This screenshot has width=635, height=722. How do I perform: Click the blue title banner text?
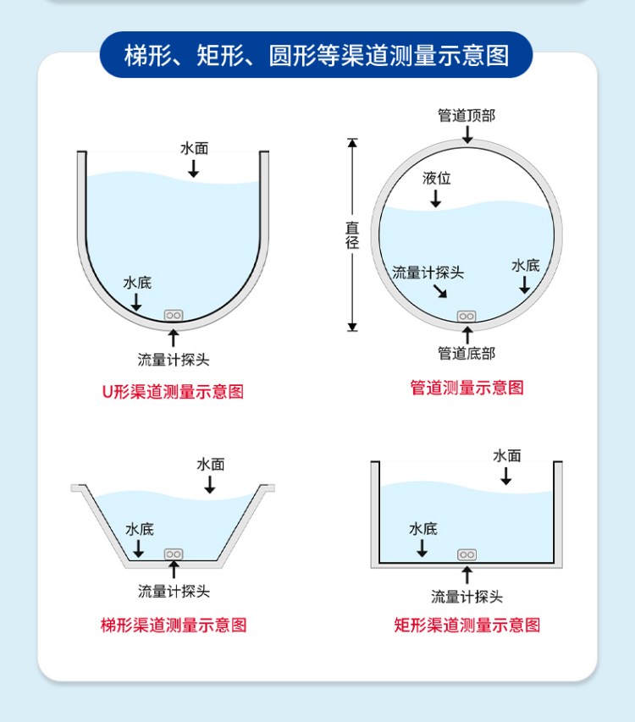pos(317,56)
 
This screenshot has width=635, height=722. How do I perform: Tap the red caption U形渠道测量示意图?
pos(173,391)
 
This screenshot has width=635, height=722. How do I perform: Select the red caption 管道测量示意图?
pos(467,388)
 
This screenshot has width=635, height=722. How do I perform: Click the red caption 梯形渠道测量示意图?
pos(174,625)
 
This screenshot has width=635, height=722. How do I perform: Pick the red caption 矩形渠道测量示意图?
pos(467,625)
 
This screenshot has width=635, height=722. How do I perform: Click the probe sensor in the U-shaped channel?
pos(174,316)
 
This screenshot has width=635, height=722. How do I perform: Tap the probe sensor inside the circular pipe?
pos(467,317)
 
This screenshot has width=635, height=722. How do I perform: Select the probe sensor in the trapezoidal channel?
pos(174,554)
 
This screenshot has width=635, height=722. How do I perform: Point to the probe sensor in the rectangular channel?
pos(467,555)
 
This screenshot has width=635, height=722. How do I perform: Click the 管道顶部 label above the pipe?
pos(467,115)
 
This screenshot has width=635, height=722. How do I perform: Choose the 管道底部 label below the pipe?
pos(467,353)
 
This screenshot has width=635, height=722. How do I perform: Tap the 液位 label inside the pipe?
pos(437,178)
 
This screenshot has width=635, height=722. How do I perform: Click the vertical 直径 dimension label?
pos(352,234)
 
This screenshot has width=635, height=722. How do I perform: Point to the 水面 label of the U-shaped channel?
pos(195,148)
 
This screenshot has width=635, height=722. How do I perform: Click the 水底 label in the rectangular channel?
pos(423,528)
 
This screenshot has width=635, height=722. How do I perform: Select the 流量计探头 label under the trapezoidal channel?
pos(174,591)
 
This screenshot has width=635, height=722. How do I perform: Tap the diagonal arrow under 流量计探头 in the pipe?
pos(440,291)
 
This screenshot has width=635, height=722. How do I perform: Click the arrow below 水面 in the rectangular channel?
pos(506,477)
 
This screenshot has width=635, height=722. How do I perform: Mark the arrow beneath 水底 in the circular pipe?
pos(524,285)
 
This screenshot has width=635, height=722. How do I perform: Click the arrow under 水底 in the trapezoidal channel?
pos(138,548)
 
